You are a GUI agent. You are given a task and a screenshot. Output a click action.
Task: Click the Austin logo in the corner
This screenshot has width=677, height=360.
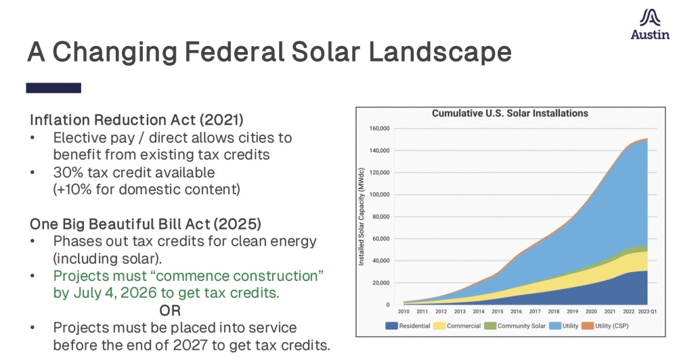coord(650,25)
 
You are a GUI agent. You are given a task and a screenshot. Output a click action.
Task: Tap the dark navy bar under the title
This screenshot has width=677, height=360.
coord(53,88)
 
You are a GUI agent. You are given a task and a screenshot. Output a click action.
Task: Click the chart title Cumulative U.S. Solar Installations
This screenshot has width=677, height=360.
coord(510,113)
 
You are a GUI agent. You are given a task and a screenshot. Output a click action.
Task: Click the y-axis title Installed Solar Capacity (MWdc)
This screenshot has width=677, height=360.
coord(362,217)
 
